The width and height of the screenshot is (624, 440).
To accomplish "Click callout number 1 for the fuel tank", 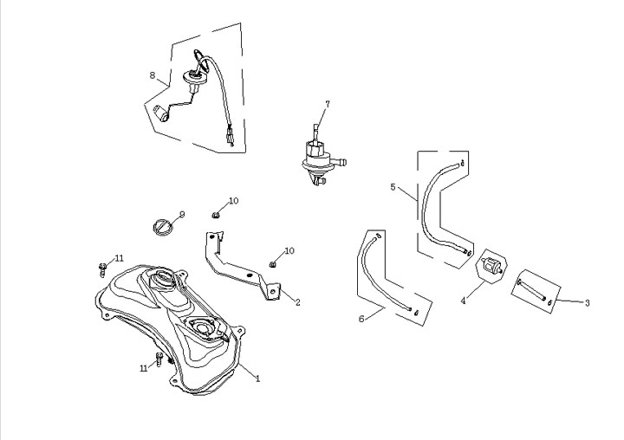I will [x=257, y=379].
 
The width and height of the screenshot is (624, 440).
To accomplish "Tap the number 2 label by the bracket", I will [x=297, y=302].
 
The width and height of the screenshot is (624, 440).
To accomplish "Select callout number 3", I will [x=587, y=302].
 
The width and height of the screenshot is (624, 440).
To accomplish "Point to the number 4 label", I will [x=464, y=301].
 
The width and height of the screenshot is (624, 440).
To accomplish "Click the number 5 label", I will [x=393, y=187].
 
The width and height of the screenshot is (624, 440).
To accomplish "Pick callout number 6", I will [x=361, y=318].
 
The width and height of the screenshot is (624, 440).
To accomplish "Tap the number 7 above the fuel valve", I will [x=328, y=104].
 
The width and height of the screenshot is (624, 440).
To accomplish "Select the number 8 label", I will [x=153, y=75].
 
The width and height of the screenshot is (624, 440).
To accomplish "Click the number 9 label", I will [x=182, y=214].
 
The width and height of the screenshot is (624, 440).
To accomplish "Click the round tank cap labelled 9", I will [x=162, y=227].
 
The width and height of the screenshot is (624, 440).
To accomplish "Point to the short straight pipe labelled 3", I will [x=532, y=288].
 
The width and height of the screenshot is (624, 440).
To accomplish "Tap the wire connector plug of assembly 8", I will [x=230, y=135].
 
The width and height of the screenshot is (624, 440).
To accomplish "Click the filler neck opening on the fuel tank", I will [x=166, y=282].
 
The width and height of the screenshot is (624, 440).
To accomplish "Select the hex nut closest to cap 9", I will [x=216, y=213].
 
